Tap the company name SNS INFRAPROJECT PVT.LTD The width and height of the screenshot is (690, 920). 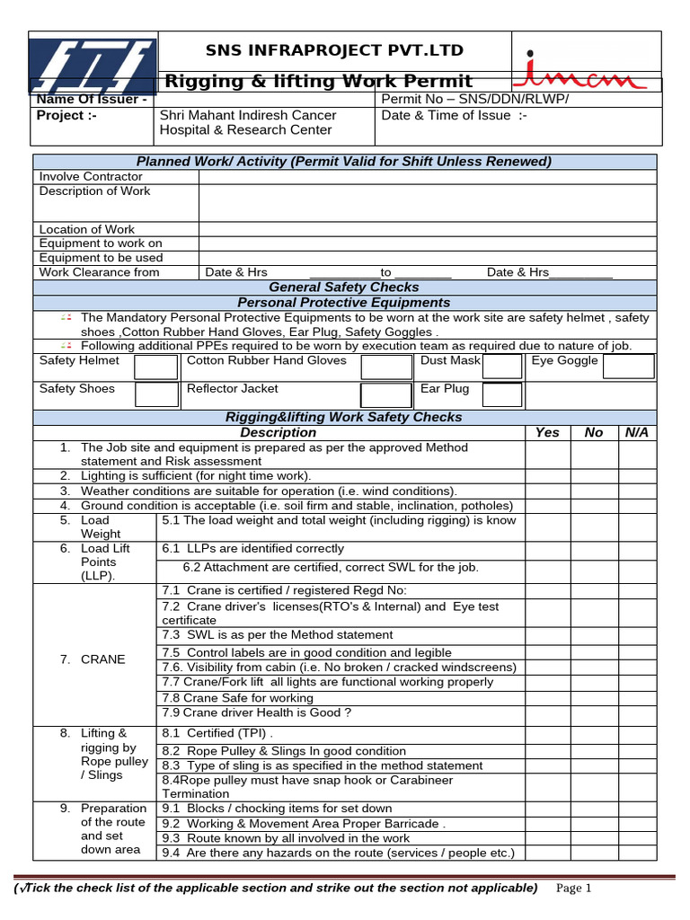click(334, 49)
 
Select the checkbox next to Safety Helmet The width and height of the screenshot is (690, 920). click(156, 367)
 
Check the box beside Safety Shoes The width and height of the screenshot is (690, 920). click(156, 394)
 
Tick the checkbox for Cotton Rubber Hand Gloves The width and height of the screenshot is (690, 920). click(385, 367)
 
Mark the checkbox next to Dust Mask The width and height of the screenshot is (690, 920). click(502, 366)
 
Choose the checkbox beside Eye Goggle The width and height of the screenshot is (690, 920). click(628, 366)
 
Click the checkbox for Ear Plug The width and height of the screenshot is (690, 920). click(502, 394)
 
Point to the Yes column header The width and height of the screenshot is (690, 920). click(547, 432)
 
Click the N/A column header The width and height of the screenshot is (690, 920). click(636, 432)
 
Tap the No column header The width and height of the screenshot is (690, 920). click(594, 432)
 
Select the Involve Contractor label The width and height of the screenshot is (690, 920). click(91, 177)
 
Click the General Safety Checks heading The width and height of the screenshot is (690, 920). click(344, 287)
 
